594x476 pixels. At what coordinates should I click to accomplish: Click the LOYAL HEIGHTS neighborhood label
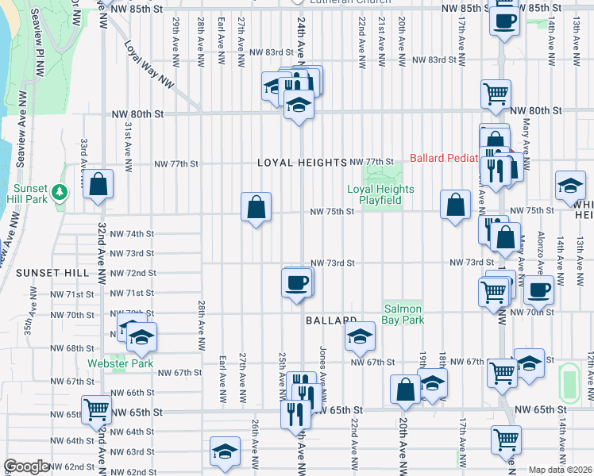coord(303,162)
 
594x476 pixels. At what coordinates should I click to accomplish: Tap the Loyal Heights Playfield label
coord(380,195)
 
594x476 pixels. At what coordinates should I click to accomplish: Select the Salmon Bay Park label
coord(403,314)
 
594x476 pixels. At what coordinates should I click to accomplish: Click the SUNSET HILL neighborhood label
coord(52,272)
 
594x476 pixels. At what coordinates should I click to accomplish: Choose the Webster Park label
coord(133,363)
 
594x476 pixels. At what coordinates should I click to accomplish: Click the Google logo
coord(26,466)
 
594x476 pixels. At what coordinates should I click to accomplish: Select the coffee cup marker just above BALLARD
coord(298,283)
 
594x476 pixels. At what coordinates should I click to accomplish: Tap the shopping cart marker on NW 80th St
coord(496,94)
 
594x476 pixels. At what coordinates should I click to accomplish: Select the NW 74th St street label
coord(132,234)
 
